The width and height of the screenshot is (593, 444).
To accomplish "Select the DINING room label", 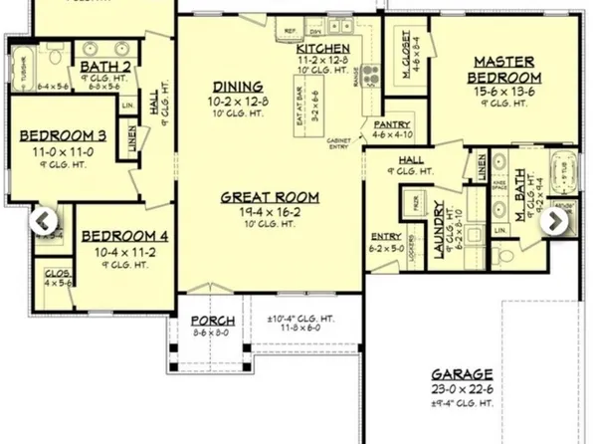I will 237,87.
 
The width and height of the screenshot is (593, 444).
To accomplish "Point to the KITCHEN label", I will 323,48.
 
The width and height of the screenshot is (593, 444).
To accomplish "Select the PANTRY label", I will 392,123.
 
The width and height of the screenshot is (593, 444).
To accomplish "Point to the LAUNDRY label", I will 439,230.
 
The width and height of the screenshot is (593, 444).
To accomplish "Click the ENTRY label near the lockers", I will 386,236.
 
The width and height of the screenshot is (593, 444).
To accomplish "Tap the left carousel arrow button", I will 44,221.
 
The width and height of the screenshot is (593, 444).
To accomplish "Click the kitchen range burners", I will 370,73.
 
